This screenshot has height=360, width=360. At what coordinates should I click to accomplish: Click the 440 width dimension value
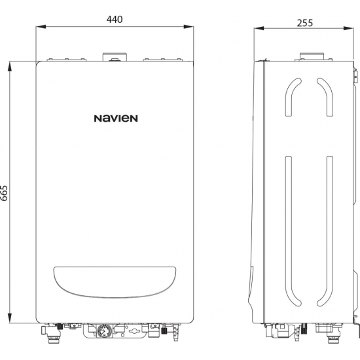click(115, 19)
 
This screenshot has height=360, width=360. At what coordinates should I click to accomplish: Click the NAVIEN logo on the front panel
click(115, 118)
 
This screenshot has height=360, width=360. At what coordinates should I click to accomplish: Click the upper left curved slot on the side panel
click(290, 98)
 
